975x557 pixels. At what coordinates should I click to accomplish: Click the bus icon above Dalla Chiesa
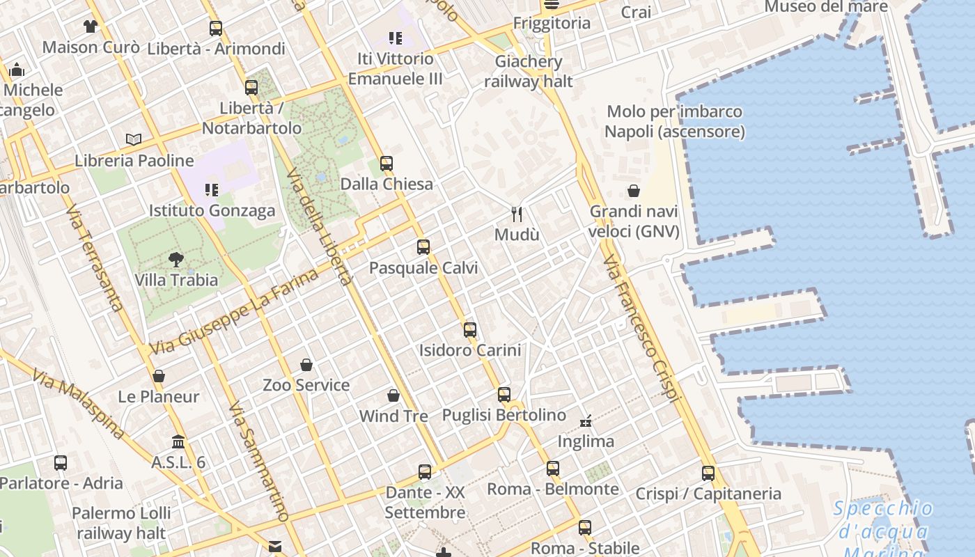[x=387, y=164]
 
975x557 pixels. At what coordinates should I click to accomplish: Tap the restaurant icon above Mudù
[x=516, y=214]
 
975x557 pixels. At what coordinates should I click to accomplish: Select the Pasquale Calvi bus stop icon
[x=423, y=247]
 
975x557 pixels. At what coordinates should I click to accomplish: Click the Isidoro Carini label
[x=469, y=350]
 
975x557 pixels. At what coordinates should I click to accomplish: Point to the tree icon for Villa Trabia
[x=176, y=260]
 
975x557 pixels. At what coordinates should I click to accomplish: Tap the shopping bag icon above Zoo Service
[x=306, y=365]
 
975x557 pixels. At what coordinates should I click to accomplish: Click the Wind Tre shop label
[x=393, y=416]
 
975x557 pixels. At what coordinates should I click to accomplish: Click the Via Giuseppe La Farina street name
[x=234, y=311]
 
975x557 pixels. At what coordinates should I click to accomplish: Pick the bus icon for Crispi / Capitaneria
[x=708, y=473]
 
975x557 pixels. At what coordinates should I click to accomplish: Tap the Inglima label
[x=586, y=441]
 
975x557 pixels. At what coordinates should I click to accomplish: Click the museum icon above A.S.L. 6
[x=178, y=442]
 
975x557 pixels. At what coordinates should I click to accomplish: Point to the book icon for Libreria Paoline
[x=134, y=139]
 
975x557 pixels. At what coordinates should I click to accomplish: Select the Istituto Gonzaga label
[x=212, y=211]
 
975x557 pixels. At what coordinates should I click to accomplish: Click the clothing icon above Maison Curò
[x=91, y=27]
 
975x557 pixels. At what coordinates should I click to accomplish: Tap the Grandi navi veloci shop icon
[x=634, y=191]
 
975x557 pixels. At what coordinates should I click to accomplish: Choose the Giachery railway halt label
[x=529, y=71]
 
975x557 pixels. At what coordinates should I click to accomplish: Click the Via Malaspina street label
[x=79, y=405]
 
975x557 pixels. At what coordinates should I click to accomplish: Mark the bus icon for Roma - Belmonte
[x=553, y=469]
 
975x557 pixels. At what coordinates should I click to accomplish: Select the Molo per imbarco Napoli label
[x=674, y=122]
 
